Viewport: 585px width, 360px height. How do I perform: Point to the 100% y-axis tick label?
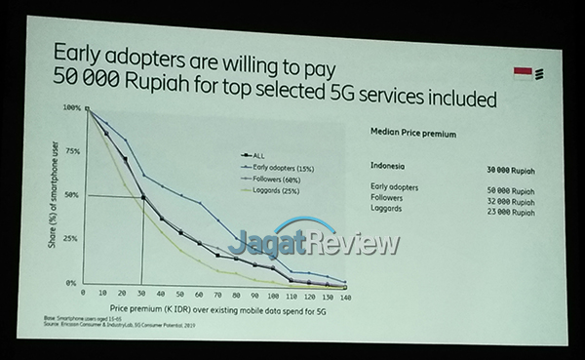[x=71, y=108]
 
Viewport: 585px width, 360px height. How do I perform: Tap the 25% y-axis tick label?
[x=72, y=238]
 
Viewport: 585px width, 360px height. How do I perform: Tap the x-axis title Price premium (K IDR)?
[x=207, y=309]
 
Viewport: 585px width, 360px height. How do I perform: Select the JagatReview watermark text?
[x=314, y=241]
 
